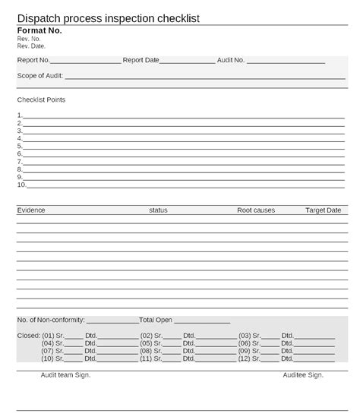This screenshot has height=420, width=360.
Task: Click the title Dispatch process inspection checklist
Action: click(109, 18)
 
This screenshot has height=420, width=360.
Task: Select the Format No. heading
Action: click(39, 30)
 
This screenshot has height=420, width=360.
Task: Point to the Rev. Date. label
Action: click(31, 46)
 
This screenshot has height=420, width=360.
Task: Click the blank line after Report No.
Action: click(86, 61)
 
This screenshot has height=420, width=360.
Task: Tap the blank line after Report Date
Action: click(187, 61)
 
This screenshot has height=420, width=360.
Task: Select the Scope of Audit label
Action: click(40, 75)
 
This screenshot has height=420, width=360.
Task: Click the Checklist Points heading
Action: click(41, 99)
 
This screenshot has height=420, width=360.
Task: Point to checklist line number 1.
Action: click(182, 116)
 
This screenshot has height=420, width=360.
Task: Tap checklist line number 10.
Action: click(182, 185)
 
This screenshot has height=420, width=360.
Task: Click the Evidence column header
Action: click(31, 210)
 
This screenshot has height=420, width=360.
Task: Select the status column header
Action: click(158, 210)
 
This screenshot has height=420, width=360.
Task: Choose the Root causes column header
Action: click(256, 210)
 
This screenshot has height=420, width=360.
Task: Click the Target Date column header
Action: click(324, 210)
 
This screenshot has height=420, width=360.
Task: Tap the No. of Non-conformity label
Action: click(51, 320)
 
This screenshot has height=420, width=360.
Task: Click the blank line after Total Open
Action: click(202, 321)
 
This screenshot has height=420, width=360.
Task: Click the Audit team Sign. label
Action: click(65, 374)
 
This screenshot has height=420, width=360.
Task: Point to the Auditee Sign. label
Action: click(303, 374)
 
